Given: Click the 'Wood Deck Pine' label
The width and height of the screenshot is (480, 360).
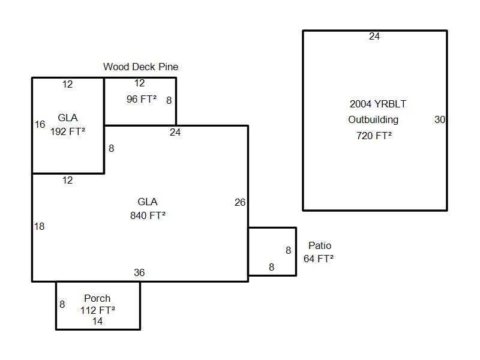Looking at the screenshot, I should click(140, 67).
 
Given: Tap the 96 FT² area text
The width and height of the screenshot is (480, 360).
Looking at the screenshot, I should click(142, 99).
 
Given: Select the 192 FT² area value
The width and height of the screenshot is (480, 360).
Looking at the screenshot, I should click(68, 131).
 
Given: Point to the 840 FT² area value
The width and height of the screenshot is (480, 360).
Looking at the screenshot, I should click(148, 215).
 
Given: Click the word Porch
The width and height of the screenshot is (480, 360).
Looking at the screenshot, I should click(97, 298).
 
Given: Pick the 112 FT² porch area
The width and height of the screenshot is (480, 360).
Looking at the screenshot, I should click(98, 310).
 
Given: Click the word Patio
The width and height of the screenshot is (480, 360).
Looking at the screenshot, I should click(320, 245).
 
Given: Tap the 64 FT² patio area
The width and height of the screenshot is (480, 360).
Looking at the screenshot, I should click(319, 259).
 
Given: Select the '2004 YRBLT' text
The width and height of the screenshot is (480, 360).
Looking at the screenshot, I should click(378, 104).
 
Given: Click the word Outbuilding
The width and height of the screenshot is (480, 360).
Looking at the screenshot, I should click(373, 119).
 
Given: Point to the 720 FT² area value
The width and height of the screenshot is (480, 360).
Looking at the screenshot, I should click(374, 136).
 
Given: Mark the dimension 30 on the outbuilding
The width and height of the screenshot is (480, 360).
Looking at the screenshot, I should click(440, 119).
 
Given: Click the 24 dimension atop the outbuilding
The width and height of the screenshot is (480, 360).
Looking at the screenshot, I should click(374, 36).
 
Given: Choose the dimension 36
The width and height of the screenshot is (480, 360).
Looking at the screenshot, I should click(139, 272).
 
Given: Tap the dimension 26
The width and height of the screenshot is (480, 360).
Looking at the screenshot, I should click(240, 202).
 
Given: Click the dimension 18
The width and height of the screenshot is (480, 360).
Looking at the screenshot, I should click(39, 226).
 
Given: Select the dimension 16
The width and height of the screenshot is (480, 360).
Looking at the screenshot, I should click(40, 124).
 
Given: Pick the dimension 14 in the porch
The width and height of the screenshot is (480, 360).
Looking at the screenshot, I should click(97, 321).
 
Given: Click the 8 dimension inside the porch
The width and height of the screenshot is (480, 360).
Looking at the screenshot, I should click(62, 304).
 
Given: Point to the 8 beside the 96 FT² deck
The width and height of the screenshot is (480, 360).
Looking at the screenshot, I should click(169, 100).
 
